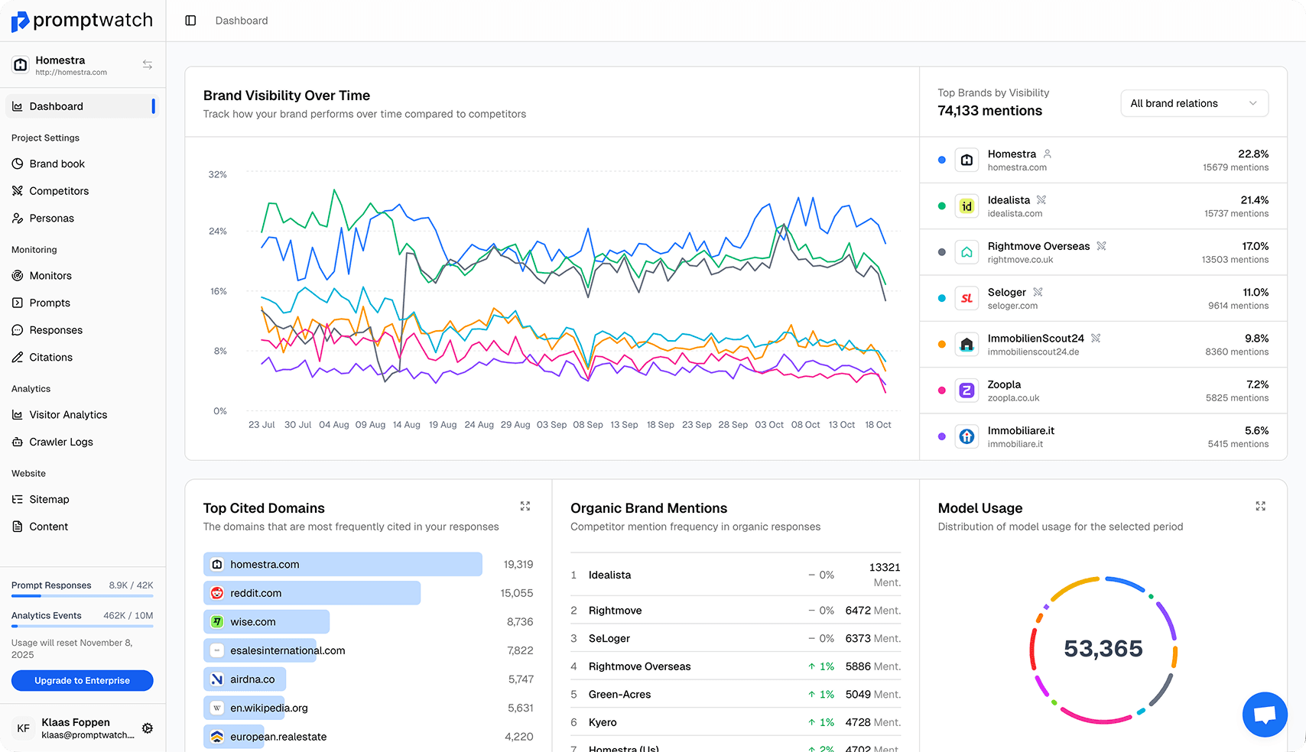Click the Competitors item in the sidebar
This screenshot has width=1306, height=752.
(x=59, y=191)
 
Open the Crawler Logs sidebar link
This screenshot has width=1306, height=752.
(x=60, y=442)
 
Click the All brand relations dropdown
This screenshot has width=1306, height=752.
(x=1194, y=103)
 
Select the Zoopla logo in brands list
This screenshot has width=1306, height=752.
(x=967, y=391)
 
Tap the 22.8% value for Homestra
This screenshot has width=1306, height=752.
(x=1252, y=154)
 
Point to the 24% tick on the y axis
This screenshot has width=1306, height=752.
(x=218, y=231)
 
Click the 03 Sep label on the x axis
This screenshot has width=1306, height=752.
(x=551, y=425)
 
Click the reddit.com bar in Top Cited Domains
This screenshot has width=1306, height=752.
(x=312, y=593)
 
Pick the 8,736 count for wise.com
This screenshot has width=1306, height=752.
(x=519, y=622)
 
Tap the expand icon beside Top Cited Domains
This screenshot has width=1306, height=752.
(x=525, y=506)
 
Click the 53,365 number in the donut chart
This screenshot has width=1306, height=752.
(x=1103, y=649)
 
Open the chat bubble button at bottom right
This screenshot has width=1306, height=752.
(x=1265, y=715)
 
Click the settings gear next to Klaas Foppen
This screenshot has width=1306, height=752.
(x=148, y=728)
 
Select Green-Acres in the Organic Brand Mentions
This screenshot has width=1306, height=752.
(x=619, y=695)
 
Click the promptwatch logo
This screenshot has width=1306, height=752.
(x=82, y=21)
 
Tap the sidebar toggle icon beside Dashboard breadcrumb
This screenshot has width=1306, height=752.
(x=190, y=21)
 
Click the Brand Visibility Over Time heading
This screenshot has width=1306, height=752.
(x=286, y=96)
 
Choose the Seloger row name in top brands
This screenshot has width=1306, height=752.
(x=1006, y=292)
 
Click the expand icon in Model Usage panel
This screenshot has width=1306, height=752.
(x=1260, y=506)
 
